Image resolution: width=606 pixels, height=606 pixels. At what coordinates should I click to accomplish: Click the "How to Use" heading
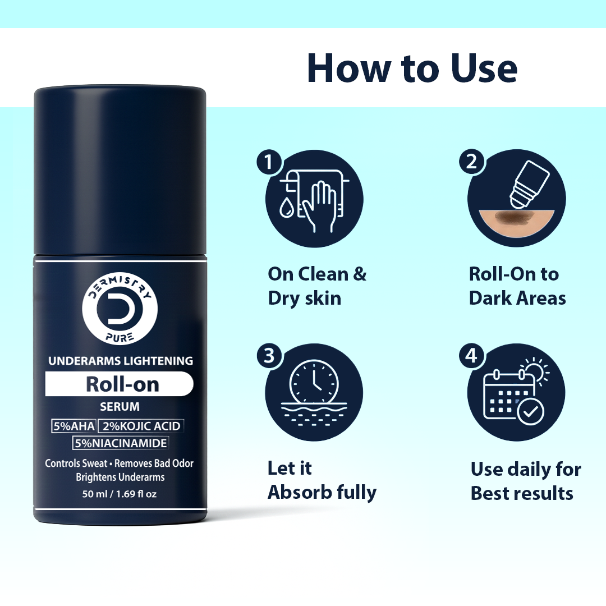(x=412, y=68)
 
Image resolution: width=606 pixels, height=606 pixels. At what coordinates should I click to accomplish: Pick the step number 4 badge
(x=471, y=356)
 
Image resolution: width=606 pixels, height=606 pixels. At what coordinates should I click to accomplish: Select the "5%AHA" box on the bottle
(x=74, y=426)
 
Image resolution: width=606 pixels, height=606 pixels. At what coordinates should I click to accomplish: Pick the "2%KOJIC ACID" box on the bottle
(x=141, y=426)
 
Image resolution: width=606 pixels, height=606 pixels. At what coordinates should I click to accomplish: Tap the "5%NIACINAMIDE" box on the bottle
(x=120, y=443)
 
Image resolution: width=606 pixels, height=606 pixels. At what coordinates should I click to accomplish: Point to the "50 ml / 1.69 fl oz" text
(x=120, y=495)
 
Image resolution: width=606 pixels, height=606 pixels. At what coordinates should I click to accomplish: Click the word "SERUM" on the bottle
(x=120, y=406)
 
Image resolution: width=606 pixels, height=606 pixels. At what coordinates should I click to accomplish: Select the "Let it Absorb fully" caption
(x=322, y=480)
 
